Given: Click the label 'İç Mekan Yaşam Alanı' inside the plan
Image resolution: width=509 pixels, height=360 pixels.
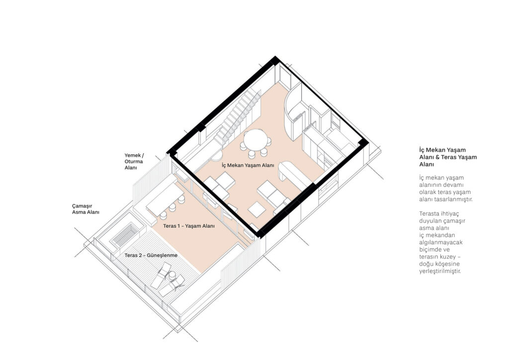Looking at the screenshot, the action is (x=248, y=165).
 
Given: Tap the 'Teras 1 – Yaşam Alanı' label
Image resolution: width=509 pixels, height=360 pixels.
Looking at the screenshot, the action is (x=188, y=226).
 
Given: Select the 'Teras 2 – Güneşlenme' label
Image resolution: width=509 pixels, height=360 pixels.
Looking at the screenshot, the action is (x=151, y=256).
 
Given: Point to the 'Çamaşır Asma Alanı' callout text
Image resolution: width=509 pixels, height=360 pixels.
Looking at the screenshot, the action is (x=85, y=209).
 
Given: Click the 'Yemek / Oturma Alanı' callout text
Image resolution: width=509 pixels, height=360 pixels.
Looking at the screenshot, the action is (x=134, y=162).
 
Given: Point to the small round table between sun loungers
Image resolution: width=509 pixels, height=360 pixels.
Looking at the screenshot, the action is (x=172, y=275).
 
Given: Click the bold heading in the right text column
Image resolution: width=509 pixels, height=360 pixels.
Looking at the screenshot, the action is (x=448, y=157).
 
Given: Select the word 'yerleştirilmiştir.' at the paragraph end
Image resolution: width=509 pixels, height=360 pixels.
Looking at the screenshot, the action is (x=440, y=271).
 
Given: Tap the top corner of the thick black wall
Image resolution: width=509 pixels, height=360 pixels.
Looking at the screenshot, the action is (x=275, y=57).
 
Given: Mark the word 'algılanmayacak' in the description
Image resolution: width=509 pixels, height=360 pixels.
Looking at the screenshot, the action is (x=440, y=243).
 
